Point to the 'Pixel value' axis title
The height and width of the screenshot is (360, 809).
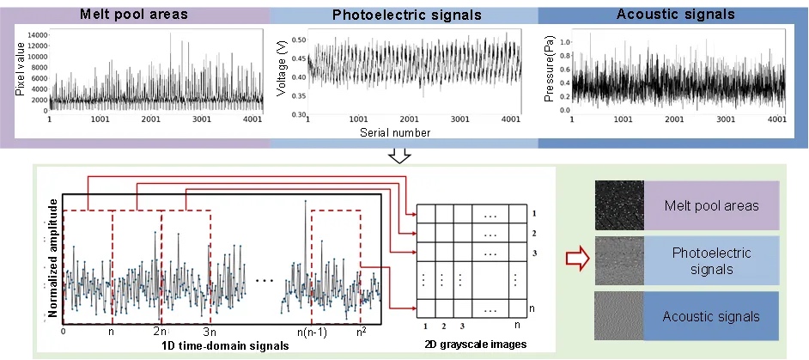coord(19,75)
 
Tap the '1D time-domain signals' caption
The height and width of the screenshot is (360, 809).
coord(226,345)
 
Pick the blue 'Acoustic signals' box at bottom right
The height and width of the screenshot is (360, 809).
coord(710,316)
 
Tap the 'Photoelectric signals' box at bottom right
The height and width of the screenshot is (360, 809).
coord(710,260)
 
